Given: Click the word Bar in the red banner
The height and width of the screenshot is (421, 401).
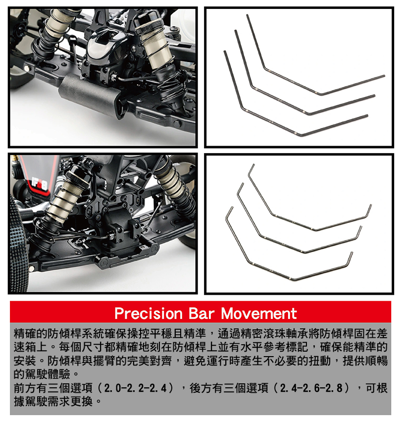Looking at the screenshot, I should pyautogui.click(x=202, y=314).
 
